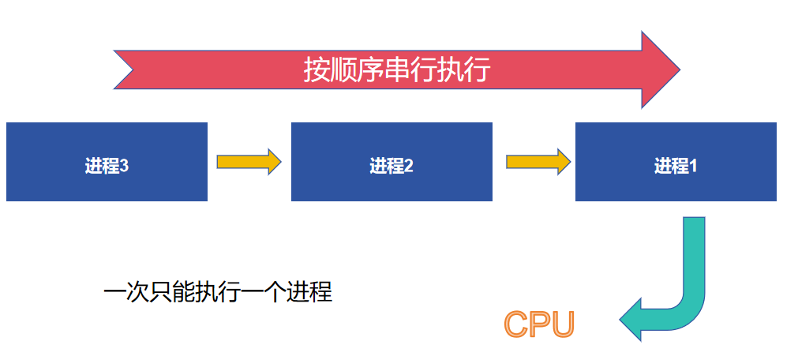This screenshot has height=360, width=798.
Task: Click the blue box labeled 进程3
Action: point(107,162)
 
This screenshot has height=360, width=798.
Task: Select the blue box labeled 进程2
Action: point(392,162)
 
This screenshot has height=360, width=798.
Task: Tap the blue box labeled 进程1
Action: point(676,162)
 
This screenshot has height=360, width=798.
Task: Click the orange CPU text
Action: point(540,324)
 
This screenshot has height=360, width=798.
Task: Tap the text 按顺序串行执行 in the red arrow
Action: point(397,70)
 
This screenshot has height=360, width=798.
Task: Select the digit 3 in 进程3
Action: point(124,167)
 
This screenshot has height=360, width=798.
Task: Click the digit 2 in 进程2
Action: point(409,167)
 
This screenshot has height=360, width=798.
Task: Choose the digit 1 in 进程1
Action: point(693,167)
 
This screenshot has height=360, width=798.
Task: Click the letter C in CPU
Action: point(517,324)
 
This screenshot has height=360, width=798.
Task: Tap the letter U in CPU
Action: point(563,324)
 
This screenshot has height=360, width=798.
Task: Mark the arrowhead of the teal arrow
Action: point(631,320)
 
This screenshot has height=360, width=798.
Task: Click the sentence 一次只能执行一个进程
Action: point(218,293)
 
